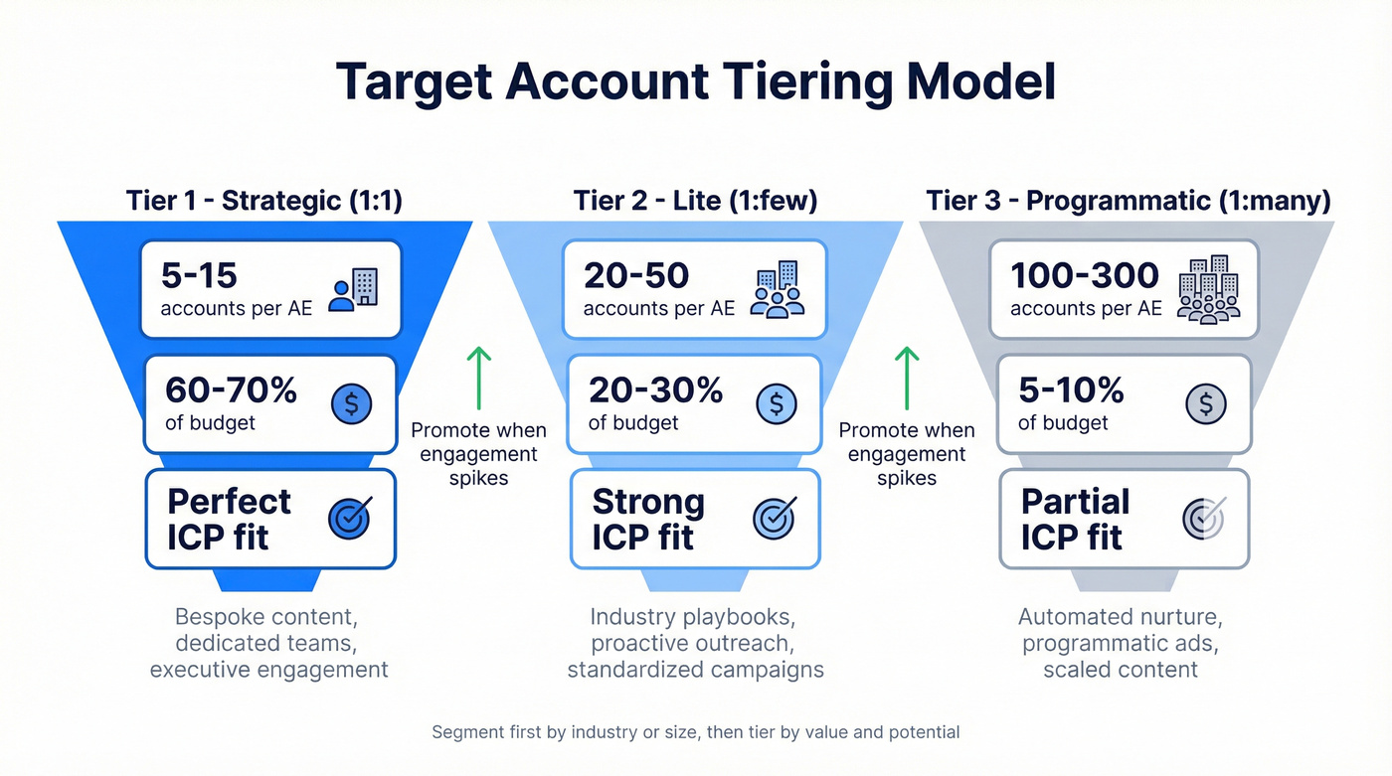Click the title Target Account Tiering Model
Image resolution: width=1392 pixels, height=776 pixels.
[695, 82]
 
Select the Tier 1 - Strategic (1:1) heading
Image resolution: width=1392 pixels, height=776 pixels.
[263, 200]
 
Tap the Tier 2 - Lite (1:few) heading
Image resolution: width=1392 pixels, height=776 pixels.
[695, 200]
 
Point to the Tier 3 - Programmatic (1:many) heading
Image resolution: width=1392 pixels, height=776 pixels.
[1129, 200]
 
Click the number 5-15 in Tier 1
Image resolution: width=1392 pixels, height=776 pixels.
[203, 274]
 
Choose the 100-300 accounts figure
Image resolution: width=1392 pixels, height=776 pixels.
[1084, 274]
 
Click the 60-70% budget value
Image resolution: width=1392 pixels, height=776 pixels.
[231, 390]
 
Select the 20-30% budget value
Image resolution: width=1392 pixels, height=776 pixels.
[655, 390]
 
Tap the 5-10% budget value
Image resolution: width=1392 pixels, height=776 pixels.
[1071, 390]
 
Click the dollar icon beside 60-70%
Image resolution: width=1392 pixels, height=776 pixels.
[351, 402]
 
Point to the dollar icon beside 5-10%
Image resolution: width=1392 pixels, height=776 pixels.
[1206, 402]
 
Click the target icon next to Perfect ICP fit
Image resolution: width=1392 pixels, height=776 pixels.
[350, 518]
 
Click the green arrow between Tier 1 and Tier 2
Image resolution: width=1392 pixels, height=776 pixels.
[479, 378]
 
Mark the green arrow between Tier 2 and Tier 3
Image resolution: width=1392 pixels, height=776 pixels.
[907, 378]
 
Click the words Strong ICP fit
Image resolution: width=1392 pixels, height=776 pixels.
[647, 519]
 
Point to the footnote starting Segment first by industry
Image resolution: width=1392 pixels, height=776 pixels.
[695, 732]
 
